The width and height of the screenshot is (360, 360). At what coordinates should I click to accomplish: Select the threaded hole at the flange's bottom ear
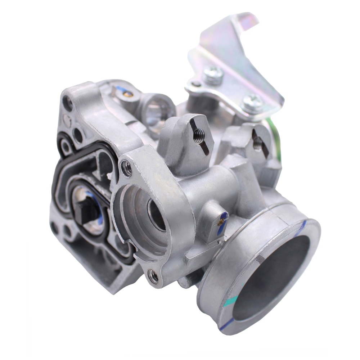point(153,276)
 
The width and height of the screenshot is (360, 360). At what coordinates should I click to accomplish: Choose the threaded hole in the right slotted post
point(257,144)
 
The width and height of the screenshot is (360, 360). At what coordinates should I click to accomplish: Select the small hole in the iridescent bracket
point(196,85)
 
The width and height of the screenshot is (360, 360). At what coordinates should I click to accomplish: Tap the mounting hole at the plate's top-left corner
point(67,103)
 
